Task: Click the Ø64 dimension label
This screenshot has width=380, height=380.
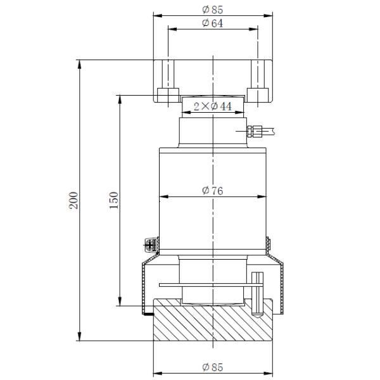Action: tap(213, 23)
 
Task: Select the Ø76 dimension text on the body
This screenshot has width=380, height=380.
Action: tap(213, 189)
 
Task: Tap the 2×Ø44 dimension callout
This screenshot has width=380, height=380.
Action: tap(213, 106)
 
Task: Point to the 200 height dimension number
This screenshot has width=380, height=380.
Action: tap(73, 199)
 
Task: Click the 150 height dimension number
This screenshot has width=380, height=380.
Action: tap(114, 199)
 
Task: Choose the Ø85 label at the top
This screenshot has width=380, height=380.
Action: tap(213, 9)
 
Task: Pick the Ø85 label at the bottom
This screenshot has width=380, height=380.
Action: tap(213, 367)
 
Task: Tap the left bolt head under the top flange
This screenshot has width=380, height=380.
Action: tap(168, 95)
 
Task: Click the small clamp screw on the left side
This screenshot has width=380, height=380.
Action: tap(151, 243)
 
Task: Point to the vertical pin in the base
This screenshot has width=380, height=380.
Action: tap(257, 293)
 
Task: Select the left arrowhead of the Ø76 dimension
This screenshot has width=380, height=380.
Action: tap(161, 194)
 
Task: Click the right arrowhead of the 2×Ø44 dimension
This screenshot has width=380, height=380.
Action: tap(241, 112)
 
